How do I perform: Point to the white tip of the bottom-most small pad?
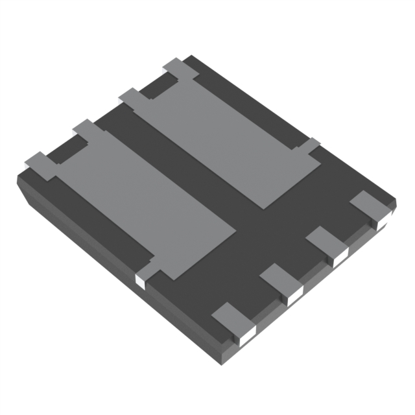coord(245,336)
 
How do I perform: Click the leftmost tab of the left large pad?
coord(40,165)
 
